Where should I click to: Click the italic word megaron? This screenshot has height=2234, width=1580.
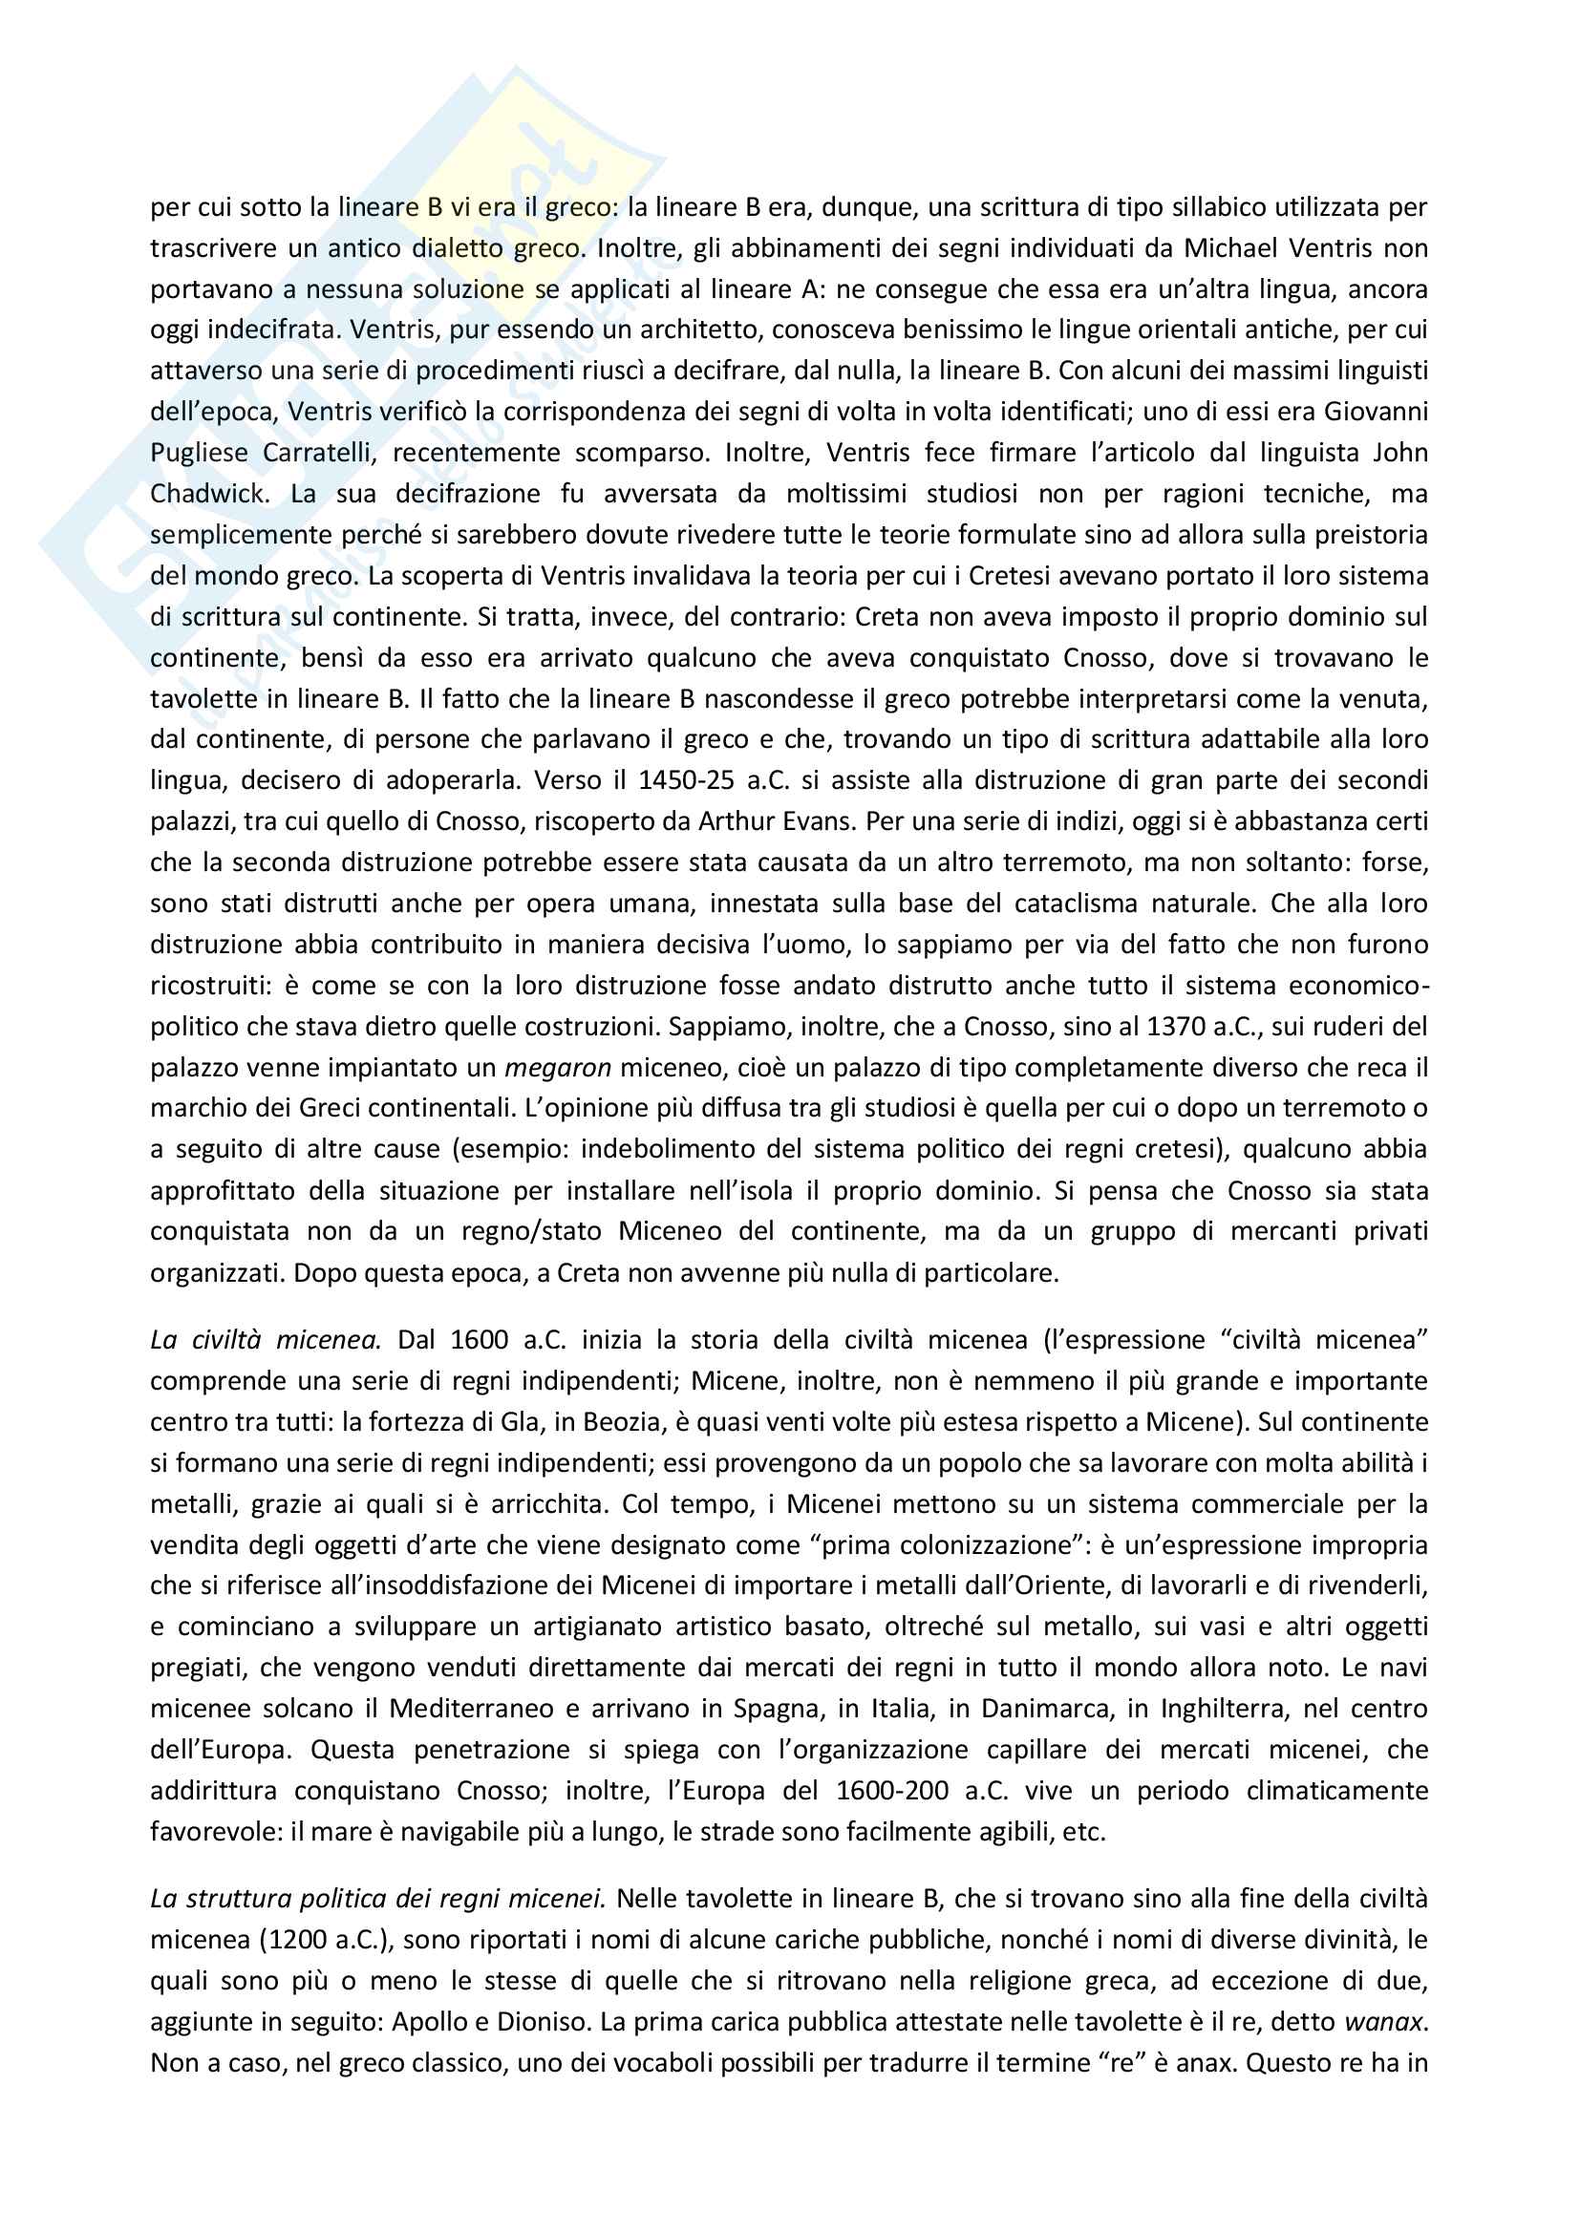pyautogui.click(x=558, y=1068)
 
